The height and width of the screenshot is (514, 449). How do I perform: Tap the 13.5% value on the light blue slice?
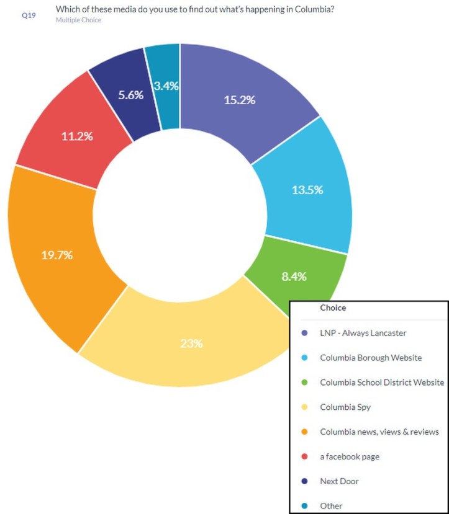pos(307,190)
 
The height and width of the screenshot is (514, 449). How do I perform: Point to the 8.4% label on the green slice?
pos(294,277)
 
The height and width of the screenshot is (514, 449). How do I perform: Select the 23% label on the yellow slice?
pos(191,343)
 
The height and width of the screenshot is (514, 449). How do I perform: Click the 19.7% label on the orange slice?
pos(57,255)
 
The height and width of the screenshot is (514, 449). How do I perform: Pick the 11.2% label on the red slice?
pos(77,136)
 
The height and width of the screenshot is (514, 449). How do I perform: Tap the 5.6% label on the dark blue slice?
pos(130,95)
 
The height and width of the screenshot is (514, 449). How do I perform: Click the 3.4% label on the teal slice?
pos(166,86)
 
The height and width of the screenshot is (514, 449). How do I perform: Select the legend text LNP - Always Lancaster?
pos(363,333)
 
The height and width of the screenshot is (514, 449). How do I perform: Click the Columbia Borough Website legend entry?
pos(371,358)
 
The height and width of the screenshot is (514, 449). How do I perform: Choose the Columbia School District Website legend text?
pos(382,383)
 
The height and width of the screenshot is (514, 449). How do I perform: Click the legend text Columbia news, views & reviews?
pos(379,432)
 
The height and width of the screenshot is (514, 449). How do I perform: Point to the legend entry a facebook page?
pos(350,456)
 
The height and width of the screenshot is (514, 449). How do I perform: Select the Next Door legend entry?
pos(339,481)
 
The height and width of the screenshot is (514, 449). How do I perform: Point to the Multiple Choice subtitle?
pos(78,20)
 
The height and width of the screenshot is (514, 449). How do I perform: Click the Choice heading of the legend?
pos(333,308)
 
